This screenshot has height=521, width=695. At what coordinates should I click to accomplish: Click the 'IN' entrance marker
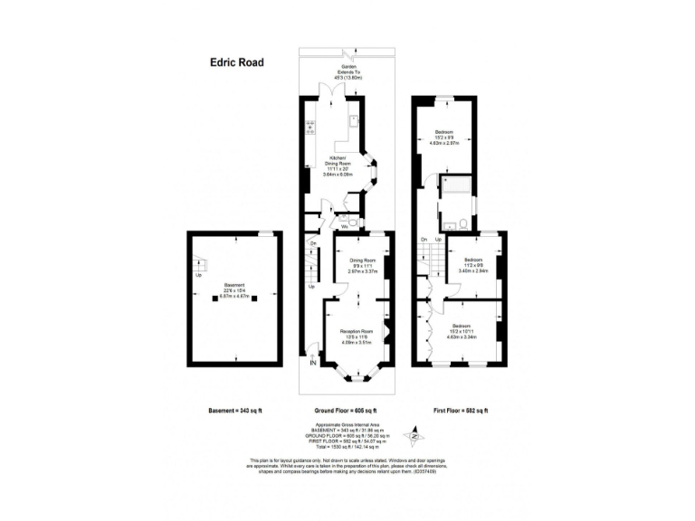pos(313,364)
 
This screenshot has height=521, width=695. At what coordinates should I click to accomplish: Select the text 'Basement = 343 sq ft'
pos(235,410)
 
